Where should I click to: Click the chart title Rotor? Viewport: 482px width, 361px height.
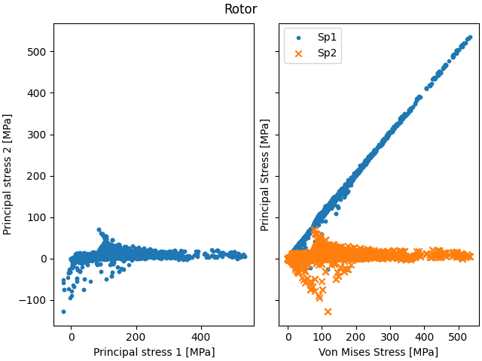[240, 10]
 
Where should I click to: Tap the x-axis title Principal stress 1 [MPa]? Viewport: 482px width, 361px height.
[154, 352]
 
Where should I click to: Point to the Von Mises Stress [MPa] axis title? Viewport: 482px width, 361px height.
[379, 352]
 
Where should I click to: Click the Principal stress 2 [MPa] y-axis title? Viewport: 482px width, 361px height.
[8, 174]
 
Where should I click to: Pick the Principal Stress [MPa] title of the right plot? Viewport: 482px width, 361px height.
[265, 174]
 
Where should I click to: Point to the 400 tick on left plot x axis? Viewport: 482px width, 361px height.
[201, 338]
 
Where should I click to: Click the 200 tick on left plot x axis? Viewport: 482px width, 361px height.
[136, 338]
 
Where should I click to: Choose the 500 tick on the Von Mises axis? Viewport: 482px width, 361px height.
[459, 338]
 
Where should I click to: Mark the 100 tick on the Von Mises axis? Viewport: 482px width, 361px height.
[322, 338]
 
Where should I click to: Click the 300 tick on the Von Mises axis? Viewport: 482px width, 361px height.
[390, 338]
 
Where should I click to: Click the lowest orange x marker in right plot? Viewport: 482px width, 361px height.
[328, 311]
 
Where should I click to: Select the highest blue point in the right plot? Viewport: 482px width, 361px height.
[470, 37]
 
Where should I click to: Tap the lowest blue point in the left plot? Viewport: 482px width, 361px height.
[63, 311]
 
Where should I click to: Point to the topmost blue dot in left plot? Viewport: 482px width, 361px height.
[99, 229]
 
